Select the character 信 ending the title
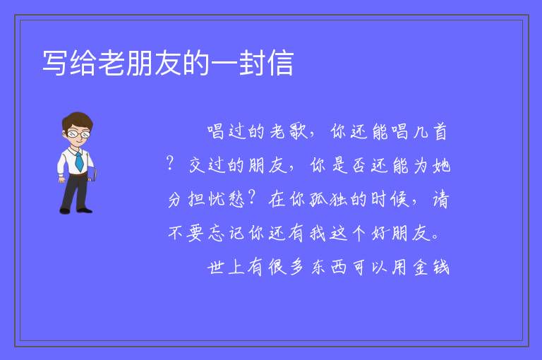pyautogui.click(x=280, y=63)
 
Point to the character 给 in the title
pyautogui.click(x=83, y=63)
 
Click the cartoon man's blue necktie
pyautogui.click(x=79, y=161)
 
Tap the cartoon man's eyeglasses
pyautogui.click(x=78, y=133)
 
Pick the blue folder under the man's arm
pyautogui.click(x=92, y=174)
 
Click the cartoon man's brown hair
pyautogui.click(x=78, y=120)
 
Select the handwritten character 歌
pyautogui.click(x=298, y=131)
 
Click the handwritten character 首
pyautogui.click(x=440, y=131)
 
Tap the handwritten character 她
pyautogui.click(x=441, y=165)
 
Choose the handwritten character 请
pyautogui.click(x=440, y=199)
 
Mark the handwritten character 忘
pyautogui.click(x=217, y=233)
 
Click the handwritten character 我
pyautogui.click(x=318, y=233)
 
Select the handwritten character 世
pyautogui.click(x=216, y=267)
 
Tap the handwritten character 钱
pyautogui.click(x=441, y=267)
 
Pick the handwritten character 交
pyautogui.click(x=197, y=165)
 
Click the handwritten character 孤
pyautogui.click(x=318, y=199)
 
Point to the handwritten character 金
pyautogui.click(x=421, y=267)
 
